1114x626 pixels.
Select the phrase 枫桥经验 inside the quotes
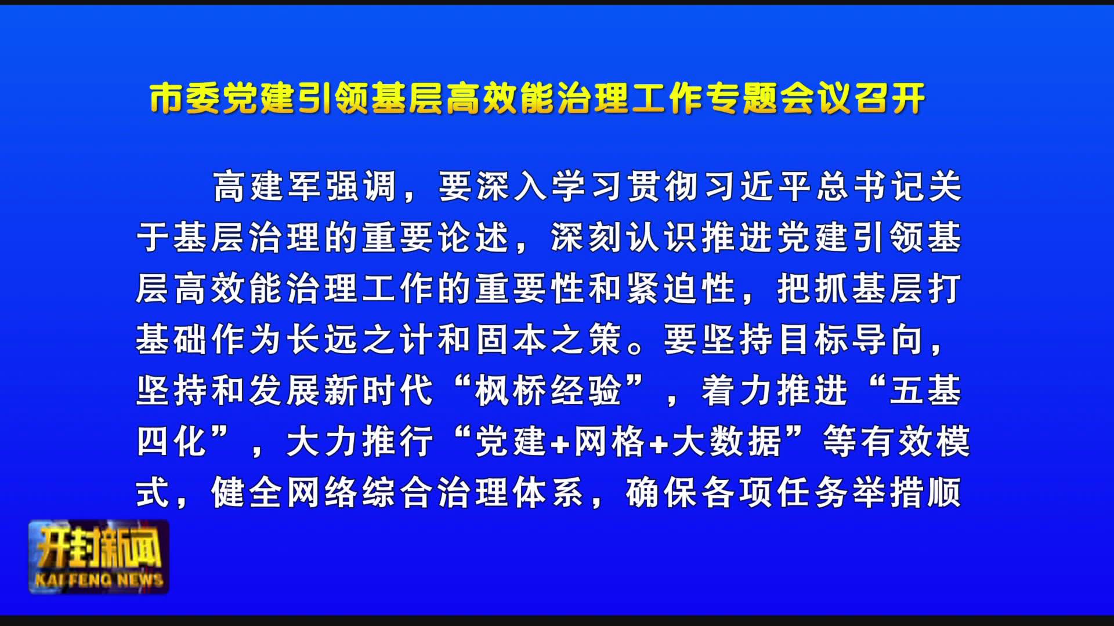point(549,390)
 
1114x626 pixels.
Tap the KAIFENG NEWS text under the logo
point(99,580)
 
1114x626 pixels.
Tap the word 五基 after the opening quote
point(925,390)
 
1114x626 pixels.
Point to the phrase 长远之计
point(361,339)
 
